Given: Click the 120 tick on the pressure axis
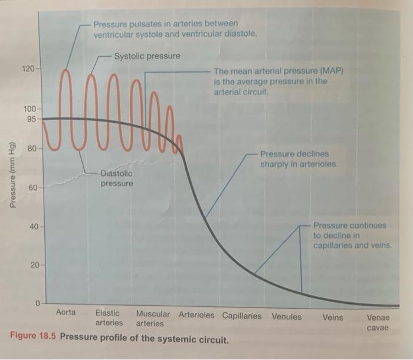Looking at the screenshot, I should coord(29,70).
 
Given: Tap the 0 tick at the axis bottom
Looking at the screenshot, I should coord(37,303).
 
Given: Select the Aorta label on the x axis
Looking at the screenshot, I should coord(65,313).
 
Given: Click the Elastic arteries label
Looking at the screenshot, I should coord(109,318).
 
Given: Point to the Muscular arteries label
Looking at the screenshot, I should coord(152,318).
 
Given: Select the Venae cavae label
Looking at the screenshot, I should coord(378,322).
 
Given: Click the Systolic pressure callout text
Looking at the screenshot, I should coord(147,56).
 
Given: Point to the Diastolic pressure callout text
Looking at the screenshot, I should coord(116,178).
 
